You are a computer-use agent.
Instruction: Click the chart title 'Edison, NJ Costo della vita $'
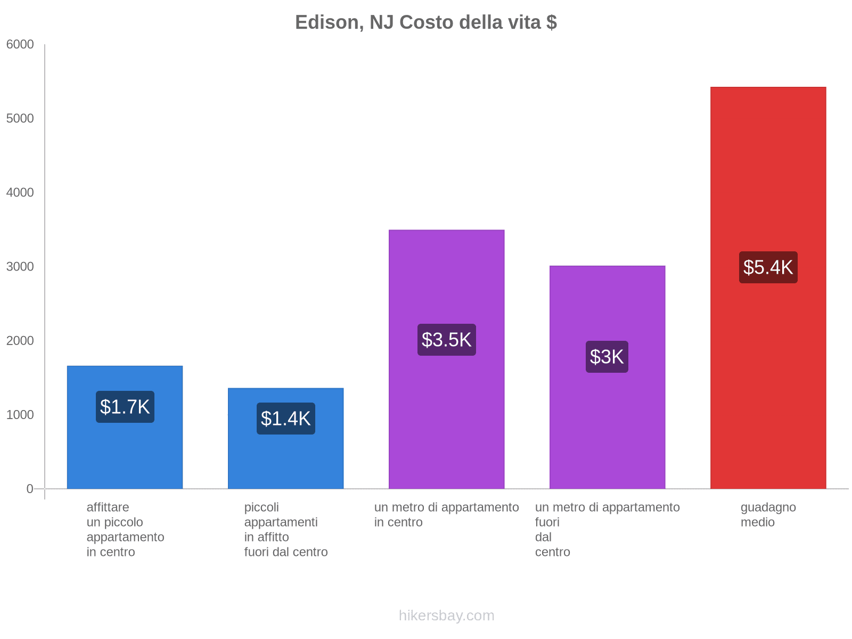[425, 22]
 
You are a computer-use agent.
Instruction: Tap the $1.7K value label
[125, 407]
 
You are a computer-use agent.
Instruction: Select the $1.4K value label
[286, 419]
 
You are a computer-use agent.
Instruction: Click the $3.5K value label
[446, 340]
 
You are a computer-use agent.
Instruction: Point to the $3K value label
[607, 357]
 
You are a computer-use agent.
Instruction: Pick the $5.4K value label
[768, 267]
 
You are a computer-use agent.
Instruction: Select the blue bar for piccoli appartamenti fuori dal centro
[286, 458]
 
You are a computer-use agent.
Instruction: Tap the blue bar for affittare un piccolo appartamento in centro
[125, 453]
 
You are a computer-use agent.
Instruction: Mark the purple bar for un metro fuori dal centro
[607, 426]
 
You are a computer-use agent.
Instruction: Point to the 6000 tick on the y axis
[20, 45]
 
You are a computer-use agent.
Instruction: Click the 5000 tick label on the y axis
[20, 119]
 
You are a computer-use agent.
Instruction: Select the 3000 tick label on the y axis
[20, 267]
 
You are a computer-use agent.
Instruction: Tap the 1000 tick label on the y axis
[20, 415]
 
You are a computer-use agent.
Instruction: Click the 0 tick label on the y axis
[30, 489]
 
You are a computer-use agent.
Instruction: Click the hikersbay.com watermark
[446, 616]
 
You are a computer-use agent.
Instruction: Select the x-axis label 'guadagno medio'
[768, 514]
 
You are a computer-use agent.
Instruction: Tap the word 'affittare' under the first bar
[108, 507]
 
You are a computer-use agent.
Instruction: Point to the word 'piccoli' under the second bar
[261, 507]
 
